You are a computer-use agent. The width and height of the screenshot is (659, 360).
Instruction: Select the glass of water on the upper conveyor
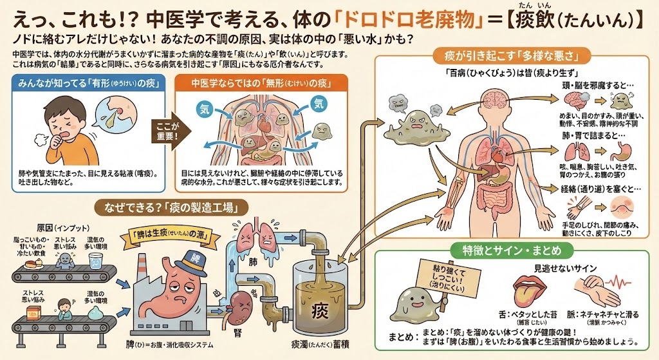click(x=95, y=261)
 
